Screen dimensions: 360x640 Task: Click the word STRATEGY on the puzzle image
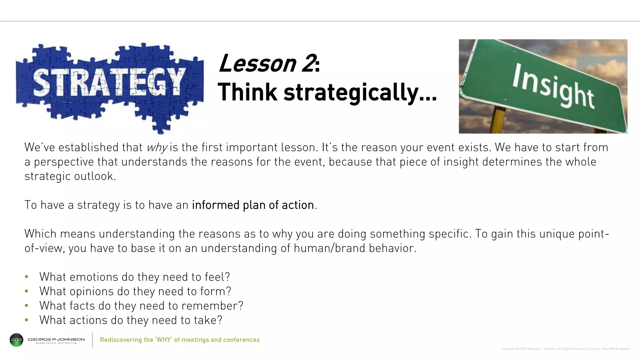click(108, 82)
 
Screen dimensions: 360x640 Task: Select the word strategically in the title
click(351, 92)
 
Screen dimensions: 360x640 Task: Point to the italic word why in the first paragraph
click(157, 147)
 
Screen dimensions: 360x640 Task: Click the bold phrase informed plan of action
click(253, 205)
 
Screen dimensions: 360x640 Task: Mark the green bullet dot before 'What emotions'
click(27, 277)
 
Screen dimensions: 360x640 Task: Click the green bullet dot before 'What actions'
click(27, 320)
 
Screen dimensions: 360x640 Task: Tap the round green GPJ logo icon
click(17, 340)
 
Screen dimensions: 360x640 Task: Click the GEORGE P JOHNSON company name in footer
click(56, 339)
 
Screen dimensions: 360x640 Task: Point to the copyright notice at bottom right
click(565, 349)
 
